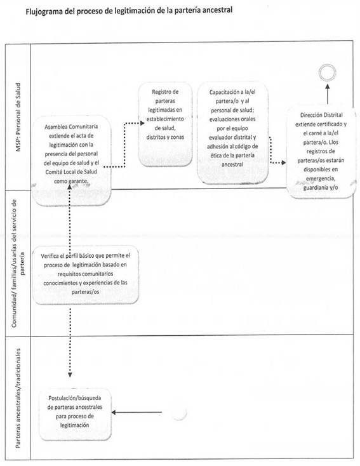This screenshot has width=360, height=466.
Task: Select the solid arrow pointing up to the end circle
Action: click(x=327, y=94)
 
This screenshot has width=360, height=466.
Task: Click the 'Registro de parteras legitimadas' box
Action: click(x=165, y=124)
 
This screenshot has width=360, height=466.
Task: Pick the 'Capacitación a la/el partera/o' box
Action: click(x=232, y=133)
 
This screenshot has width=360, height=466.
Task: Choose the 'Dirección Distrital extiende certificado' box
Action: click(x=321, y=151)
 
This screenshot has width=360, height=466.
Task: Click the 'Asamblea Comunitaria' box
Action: click(x=71, y=160)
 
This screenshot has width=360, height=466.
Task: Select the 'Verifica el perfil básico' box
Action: click(x=85, y=274)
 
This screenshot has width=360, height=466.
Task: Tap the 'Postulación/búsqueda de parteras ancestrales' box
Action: click(x=75, y=413)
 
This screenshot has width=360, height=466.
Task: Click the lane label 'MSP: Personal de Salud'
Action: click(x=18, y=117)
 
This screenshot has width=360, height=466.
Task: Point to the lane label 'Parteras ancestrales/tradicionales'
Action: click(x=18, y=398)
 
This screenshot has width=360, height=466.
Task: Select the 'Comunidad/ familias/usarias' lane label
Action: click(x=18, y=263)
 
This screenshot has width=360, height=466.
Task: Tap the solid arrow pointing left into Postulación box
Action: click(x=137, y=412)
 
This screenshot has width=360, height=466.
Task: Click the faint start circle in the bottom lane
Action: click(x=179, y=412)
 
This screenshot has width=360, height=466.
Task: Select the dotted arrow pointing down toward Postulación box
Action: click(x=70, y=343)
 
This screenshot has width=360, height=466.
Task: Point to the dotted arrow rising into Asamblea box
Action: click(x=70, y=215)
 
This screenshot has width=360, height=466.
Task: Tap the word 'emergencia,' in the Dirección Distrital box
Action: click(x=321, y=178)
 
